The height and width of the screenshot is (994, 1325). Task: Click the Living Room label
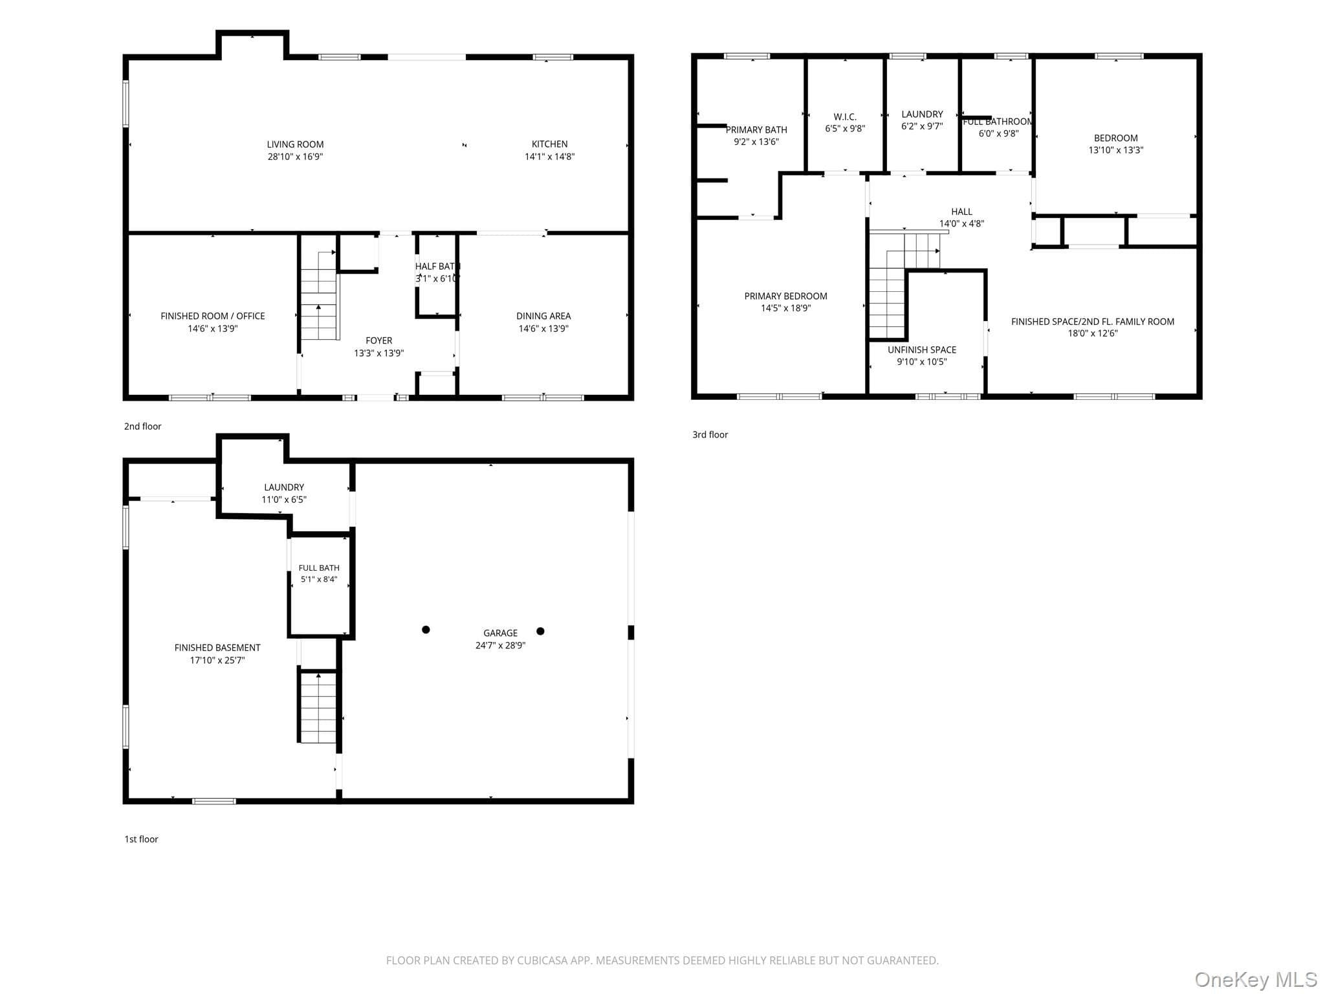295,144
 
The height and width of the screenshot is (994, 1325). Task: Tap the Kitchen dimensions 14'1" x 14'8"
549,157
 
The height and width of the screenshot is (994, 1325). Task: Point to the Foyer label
378,340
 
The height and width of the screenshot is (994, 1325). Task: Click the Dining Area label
543,316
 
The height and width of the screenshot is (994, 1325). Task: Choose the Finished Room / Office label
213,316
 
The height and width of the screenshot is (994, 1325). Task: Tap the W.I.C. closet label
845,117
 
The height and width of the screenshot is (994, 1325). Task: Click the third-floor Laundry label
922,115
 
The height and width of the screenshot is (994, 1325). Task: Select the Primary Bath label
756,130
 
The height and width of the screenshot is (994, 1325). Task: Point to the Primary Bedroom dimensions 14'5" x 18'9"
785,309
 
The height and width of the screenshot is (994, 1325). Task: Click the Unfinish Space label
922,350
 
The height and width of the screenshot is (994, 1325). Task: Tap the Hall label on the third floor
961,212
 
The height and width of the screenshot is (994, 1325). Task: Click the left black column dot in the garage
426,630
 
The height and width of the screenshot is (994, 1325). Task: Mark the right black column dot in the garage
540,631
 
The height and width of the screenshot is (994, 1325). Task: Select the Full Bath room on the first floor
319,585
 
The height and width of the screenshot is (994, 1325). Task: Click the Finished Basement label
217,648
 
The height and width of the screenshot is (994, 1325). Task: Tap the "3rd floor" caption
710,435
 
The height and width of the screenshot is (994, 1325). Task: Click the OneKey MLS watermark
1256,980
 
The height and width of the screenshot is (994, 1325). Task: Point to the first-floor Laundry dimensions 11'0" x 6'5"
284,500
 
